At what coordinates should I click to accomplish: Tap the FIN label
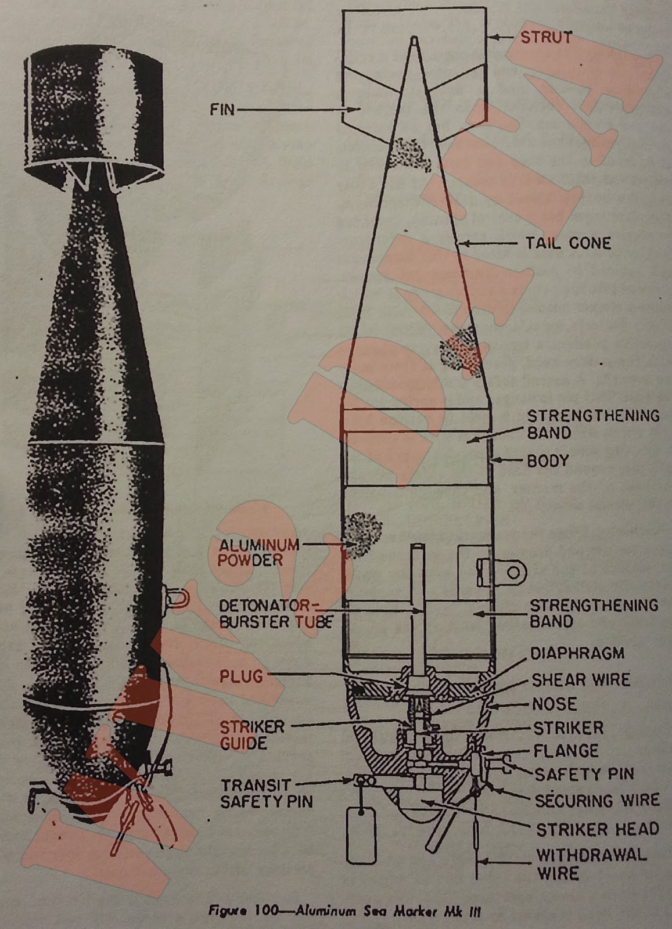pyautogui.click(x=222, y=109)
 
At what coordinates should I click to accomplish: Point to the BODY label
pyautogui.click(x=548, y=461)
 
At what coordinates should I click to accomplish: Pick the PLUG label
pyautogui.click(x=241, y=676)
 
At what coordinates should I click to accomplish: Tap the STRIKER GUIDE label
pyautogui.click(x=252, y=735)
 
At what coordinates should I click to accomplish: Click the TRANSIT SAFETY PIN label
pyautogui.click(x=267, y=794)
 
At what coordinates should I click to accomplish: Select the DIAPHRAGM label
pyautogui.click(x=577, y=653)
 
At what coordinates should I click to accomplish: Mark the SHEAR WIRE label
pyautogui.click(x=581, y=679)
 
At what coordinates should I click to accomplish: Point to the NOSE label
pyautogui.click(x=555, y=704)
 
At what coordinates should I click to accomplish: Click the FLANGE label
pyautogui.click(x=566, y=751)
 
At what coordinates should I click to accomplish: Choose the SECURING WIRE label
pyautogui.click(x=597, y=800)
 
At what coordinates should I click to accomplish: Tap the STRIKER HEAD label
pyautogui.click(x=598, y=829)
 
